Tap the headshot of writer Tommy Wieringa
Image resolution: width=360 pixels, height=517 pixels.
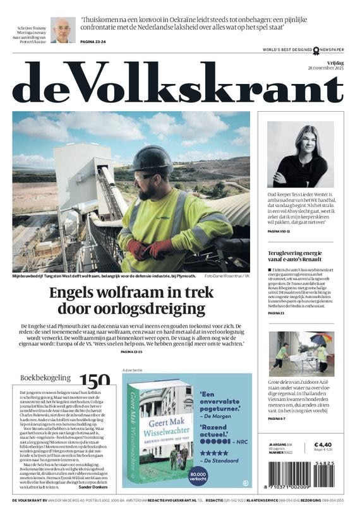coord(63,30)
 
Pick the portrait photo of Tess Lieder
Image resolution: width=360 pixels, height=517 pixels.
coord(300,155)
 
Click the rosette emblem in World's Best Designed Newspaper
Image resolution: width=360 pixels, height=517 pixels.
coord(316,51)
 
